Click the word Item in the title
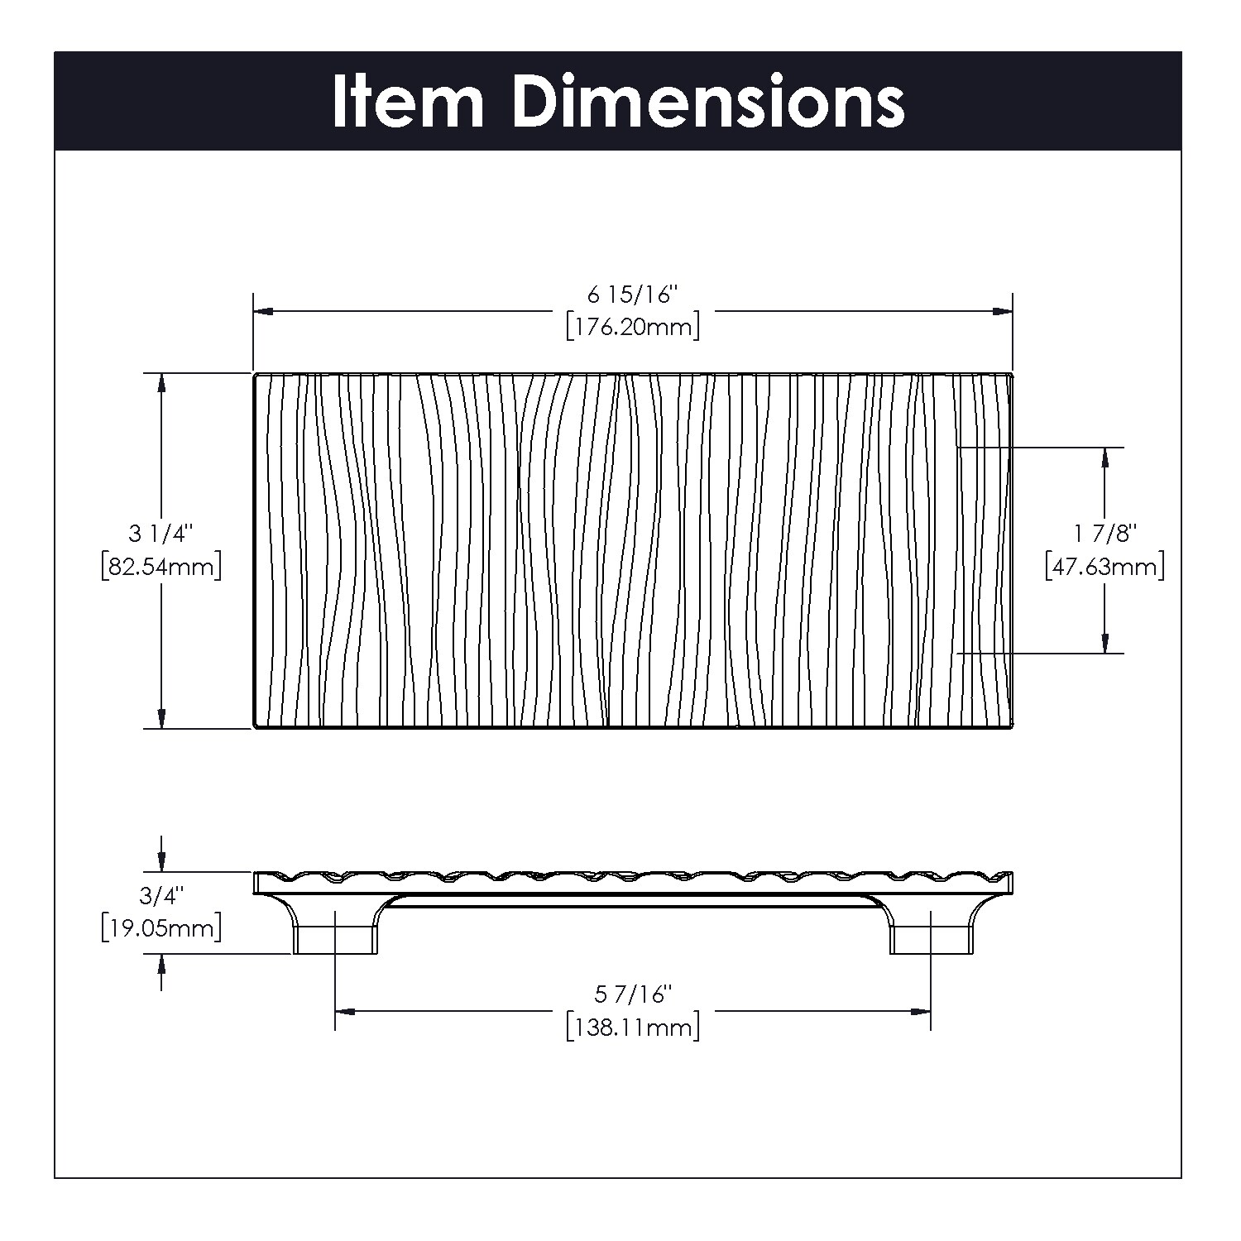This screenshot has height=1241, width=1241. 407,102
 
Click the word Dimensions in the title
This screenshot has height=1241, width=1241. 708,102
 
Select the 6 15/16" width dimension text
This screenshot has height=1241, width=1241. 633,294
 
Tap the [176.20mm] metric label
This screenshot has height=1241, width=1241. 633,327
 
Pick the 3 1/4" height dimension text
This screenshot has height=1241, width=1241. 161,533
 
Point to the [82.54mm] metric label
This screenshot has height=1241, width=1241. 161,567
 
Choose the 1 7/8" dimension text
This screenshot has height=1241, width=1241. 1105,533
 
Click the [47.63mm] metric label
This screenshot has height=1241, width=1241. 1105,567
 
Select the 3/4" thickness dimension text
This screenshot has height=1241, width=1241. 161,894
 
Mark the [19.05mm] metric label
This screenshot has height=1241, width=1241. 161,928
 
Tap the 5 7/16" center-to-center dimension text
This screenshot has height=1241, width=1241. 633,993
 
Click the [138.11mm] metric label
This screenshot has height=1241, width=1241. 633,1028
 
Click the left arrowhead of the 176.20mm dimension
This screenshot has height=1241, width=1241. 263,312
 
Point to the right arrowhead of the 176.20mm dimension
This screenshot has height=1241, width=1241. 1003,312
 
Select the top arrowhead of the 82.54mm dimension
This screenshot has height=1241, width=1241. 161,383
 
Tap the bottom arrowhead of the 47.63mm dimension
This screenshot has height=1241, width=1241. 1105,643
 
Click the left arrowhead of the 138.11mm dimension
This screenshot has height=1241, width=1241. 344,1011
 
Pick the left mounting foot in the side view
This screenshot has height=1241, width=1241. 335,939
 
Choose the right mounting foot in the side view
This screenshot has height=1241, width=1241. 931,939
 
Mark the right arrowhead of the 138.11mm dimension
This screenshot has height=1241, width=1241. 920,1011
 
